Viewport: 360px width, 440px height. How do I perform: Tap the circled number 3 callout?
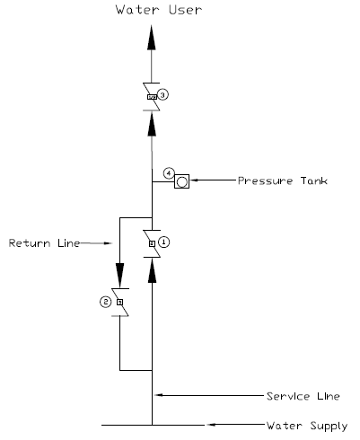click(x=163, y=94)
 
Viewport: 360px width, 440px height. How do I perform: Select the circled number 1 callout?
click(x=164, y=242)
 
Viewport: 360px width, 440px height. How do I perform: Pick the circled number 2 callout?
click(x=105, y=302)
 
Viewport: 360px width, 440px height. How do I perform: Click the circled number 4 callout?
click(x=168, y=172)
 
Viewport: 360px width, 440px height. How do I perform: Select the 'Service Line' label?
click(x=302, y=396)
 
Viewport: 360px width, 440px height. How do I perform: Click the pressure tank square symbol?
click(x=182, y=180)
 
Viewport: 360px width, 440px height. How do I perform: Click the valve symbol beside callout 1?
click(x=152, y=242)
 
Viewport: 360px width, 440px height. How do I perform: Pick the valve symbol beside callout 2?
click(x=119, y=303)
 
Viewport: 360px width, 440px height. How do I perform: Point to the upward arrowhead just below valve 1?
click(x=152, y=275)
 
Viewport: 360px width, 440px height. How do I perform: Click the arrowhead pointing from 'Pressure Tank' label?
click(x=198, y=180)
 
